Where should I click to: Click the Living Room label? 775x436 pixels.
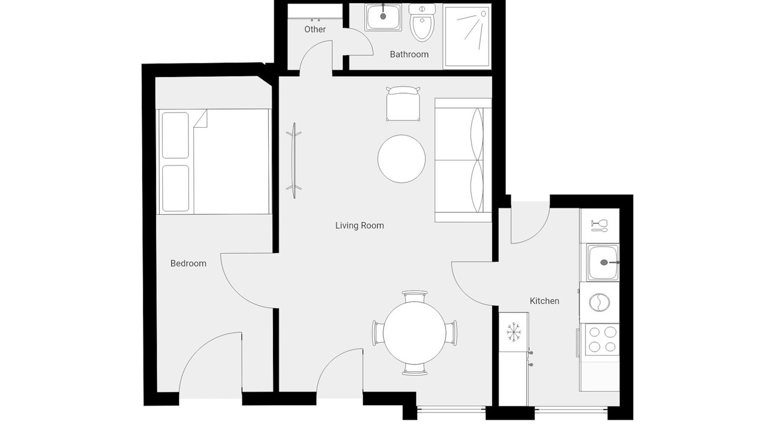coord(360,226)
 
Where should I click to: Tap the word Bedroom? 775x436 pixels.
coord(188,263)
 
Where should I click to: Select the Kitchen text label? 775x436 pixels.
coord(544,301)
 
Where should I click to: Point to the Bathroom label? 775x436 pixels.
coord(409,54)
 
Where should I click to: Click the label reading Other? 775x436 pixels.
coord(315,30)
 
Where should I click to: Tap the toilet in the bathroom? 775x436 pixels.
coord(422,23)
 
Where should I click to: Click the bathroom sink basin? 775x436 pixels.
coord(383,18)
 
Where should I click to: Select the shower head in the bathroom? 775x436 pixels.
coord(483,14)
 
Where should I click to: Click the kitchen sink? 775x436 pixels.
coord(602,262)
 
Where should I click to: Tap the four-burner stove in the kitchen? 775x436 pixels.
coord(602,339)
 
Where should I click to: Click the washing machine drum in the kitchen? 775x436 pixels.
coord(599,302)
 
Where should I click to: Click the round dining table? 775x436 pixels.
coord(414,333)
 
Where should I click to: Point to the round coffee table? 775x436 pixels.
coord(401,159)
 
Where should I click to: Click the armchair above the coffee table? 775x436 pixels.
coord(403,104)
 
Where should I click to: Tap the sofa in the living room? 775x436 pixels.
coord(463,160)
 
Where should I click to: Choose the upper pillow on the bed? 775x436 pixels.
coord(175,135)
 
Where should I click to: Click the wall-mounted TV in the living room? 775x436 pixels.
coord(294,160)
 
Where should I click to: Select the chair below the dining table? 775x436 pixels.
coord(415,369)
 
